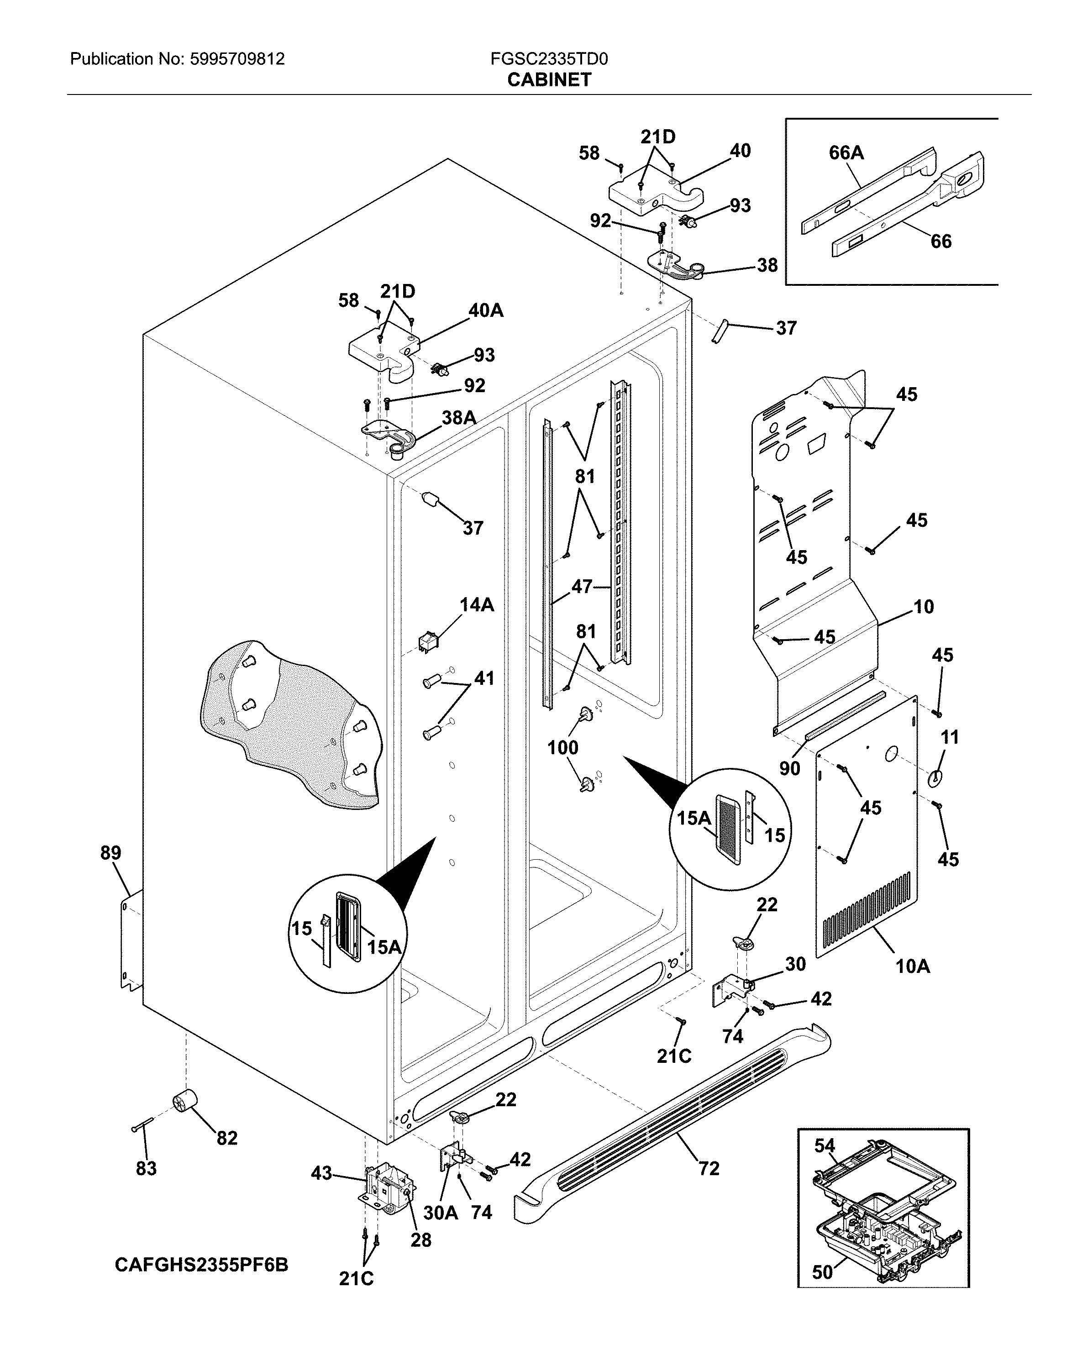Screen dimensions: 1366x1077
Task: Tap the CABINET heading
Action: pos(549,80)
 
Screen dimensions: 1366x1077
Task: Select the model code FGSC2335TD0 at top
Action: pos(549,59)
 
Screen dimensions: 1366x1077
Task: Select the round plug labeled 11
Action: pos(935,778)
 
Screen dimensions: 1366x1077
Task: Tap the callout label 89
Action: pos(110,853)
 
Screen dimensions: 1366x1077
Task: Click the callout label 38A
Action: pos(458,417)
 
